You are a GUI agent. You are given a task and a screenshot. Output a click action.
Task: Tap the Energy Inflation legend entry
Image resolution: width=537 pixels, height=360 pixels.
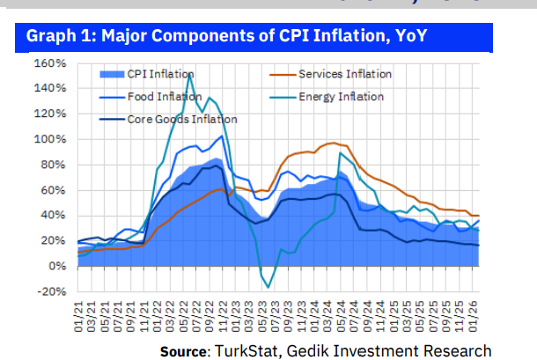coord(341,96)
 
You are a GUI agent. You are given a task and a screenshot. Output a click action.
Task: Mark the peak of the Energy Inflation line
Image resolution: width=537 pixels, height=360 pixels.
coord(190,74)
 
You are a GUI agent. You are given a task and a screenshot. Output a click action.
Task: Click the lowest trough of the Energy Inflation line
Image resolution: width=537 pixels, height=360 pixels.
coord(268,287)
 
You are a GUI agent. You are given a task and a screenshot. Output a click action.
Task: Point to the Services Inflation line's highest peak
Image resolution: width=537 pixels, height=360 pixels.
coord(332,143)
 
